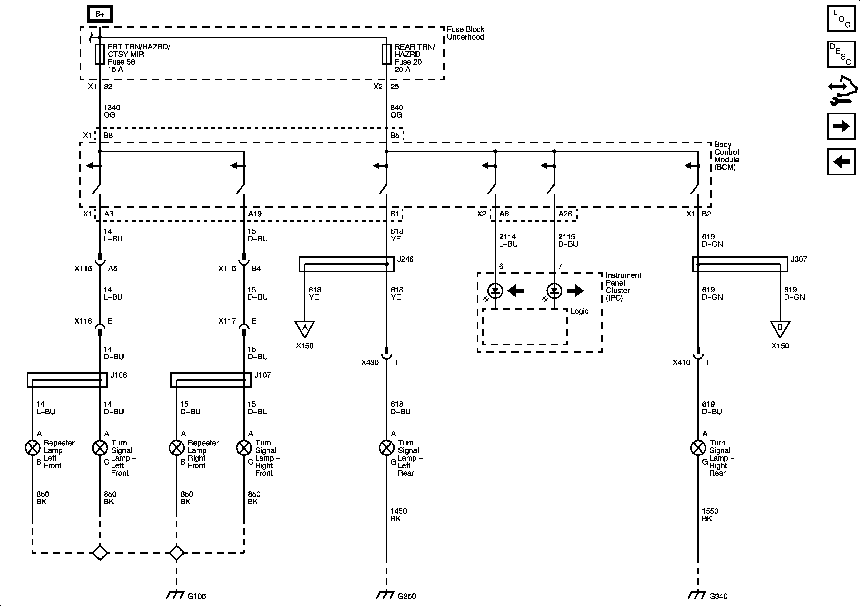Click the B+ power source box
pyautogui.click(x=100, y=14)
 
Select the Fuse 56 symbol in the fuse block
pyautogui.click(x=100, y=54)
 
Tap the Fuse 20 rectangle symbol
pyautogui.click(x=387, y=54)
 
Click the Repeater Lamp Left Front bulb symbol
pyautogui.click(x=32, y=448)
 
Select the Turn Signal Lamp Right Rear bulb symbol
pyautogui.click(x=698, y=448)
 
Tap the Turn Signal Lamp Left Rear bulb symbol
pyautogui.click(x=387, y=448)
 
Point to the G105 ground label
pyautogui.click(x=197, y=596)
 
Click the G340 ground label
pyautogui.click(x=718, y=596)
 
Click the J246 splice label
pyautogui.click(x=405, y=259)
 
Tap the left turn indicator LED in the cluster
pyautogui.click(x=495, y=290)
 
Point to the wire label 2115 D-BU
pyautogui.click(x=568, y=240)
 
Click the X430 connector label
pyautogui.click(x=370, y=362)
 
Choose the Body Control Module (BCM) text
pyautogui.click(x=726, y=156)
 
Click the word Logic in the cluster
pyautogui.click(x=580, y=311)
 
